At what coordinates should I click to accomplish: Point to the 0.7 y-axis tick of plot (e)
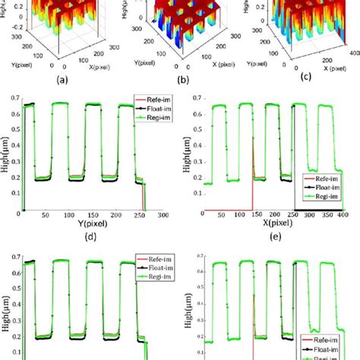pos(195,98)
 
